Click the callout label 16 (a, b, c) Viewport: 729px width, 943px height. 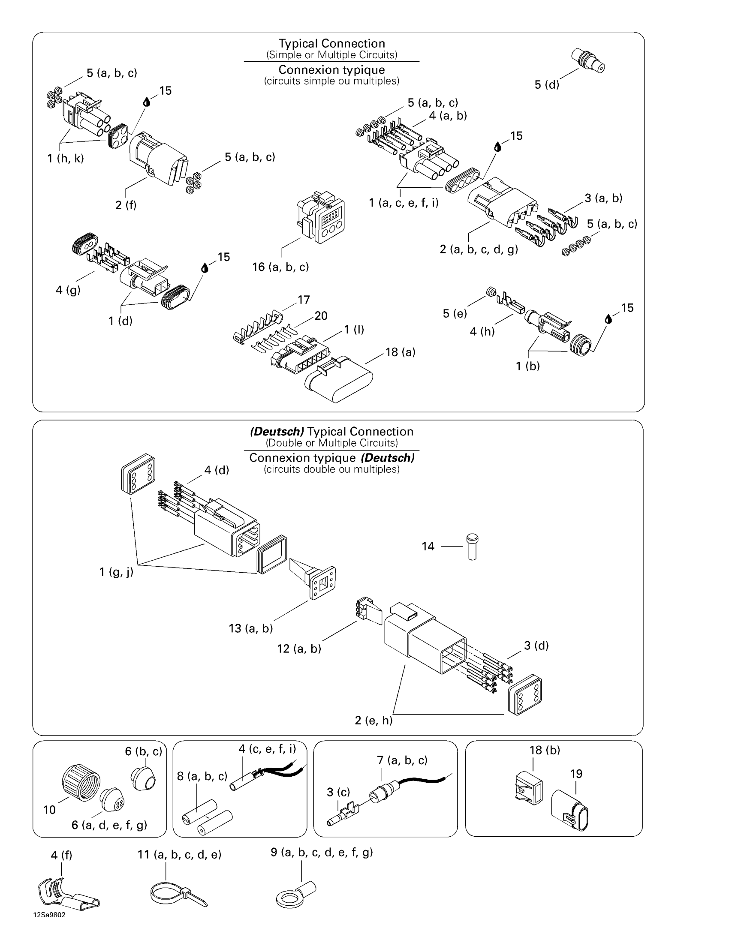[x=280, y=267]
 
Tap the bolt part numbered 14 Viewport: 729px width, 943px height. [x=473, y=547]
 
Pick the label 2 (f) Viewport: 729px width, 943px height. [x=126, y=204]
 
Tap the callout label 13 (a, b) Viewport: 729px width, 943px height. [x=251, y=628]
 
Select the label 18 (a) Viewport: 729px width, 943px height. [x=401, y=352]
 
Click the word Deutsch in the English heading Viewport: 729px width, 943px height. [x=277, y=432]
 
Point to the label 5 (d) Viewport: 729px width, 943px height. [x=547, y=84]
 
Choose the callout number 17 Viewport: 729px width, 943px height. [x=304, y=300]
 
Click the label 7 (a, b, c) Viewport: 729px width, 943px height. [x=402, y=760]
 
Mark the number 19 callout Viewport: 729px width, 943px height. [x=576, y=774]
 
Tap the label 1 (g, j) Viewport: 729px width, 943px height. [x=116, y=572]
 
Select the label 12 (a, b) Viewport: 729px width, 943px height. [x=299, y=649]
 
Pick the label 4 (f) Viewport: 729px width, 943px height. [x=61, y=855]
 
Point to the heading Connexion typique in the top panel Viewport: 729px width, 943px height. [x=331, y=69]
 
